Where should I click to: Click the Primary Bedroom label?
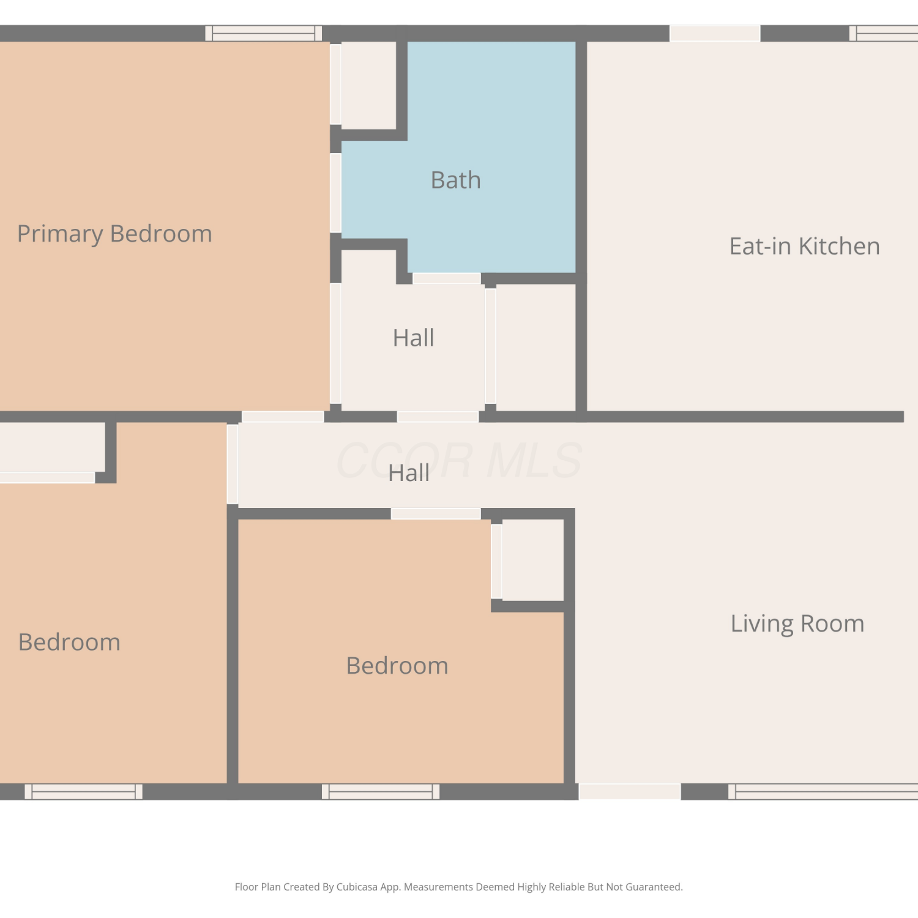[114, 234]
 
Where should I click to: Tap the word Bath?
[456, 181]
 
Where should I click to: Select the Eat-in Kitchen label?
[805, 246]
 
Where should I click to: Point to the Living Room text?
[797, 624]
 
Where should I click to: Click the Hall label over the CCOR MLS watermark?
[409, 473]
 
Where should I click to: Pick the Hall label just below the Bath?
[414, 338]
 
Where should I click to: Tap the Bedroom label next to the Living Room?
[397, 666]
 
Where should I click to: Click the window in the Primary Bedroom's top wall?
[264, 33]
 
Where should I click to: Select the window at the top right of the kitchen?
[884, 33]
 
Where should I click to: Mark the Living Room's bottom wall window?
[823, 791]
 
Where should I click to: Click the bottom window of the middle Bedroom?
[381, 791]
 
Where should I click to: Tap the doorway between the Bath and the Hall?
[447, 278]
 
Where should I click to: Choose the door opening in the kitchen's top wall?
[715, 33]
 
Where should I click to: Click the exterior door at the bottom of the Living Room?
[630, 791]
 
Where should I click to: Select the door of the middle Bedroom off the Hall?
[436, 513]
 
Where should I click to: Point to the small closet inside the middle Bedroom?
[532, 560]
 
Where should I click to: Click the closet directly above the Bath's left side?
[368, 85]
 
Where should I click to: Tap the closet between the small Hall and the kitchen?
[535, 348]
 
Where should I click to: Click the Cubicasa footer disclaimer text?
[459, 887]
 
